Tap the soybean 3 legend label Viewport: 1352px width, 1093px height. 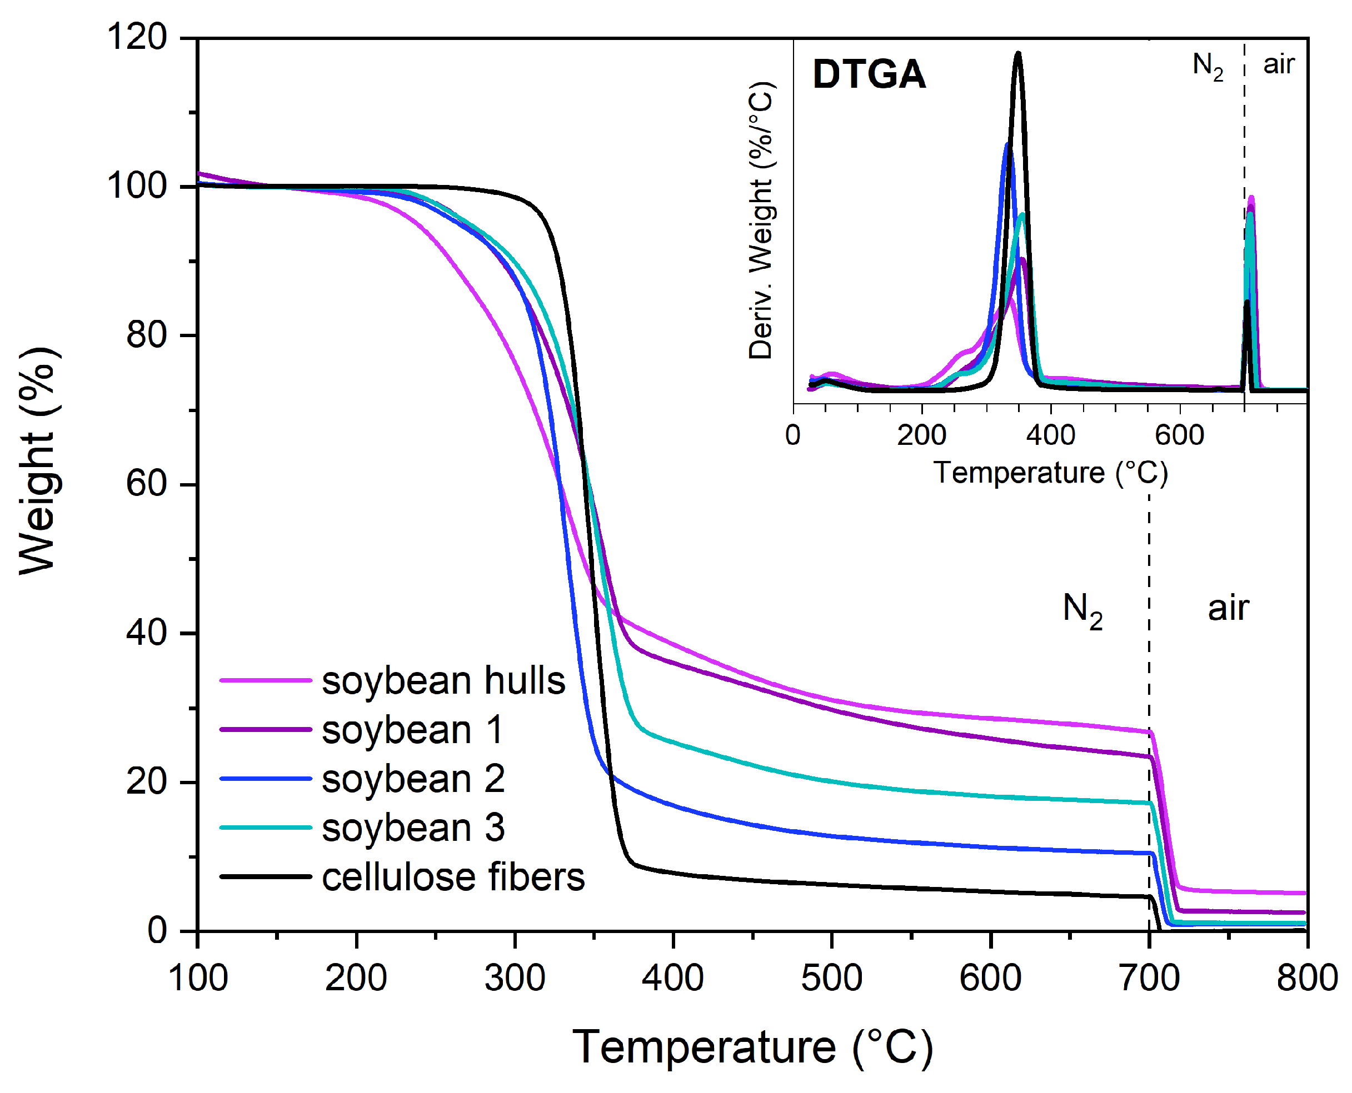point(413,828)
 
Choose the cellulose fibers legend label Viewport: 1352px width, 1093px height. point(453,877)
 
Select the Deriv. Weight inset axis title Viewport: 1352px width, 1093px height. point(761,220)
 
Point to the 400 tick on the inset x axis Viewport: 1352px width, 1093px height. point(1050,435)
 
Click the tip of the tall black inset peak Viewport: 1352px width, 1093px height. point(1017,53)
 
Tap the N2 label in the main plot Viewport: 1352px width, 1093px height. point(1082,611)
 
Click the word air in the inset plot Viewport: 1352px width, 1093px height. point(1278,64)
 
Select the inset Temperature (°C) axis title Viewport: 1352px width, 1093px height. point(1050,473)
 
